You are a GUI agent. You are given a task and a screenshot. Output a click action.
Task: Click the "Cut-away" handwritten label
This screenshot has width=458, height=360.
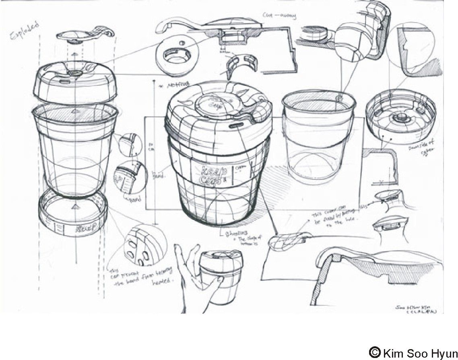pyautogui.click(x=279, y=16)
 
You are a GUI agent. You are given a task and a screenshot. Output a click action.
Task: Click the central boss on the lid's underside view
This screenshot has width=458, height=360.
pyautogui.click(x=400, y=118)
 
